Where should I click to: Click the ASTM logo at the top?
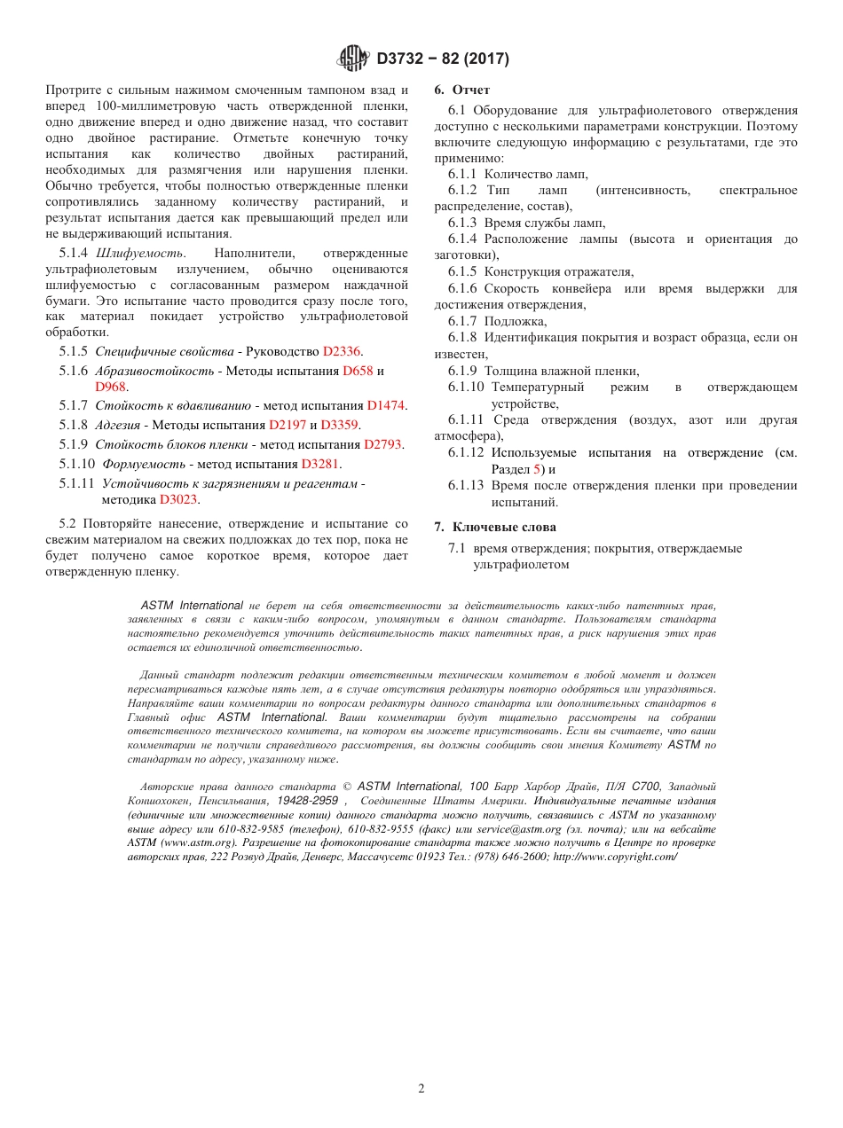point(352,59)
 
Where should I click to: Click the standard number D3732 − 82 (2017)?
point(443,59)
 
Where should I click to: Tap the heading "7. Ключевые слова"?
point(494,527)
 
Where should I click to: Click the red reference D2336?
point(342,351)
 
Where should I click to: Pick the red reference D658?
point(358,371)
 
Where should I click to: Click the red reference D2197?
point(287,425)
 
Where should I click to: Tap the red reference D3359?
point(339,425)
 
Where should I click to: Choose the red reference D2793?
point(383,444)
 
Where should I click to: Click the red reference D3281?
point(320,464)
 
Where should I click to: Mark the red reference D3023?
point(178,498)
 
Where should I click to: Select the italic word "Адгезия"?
point(115,425)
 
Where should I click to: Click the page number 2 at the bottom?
point(421,1088)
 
